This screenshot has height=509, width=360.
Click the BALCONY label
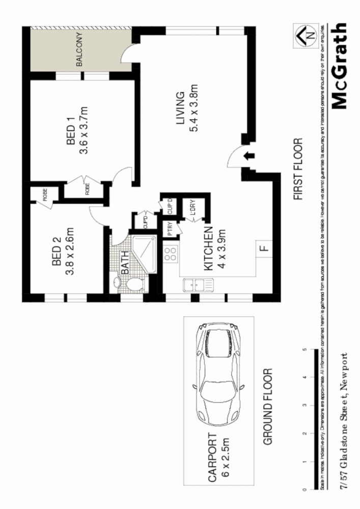(80, 50)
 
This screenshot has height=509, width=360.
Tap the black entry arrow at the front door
(249, 156)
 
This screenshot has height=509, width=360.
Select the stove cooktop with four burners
(171, 253)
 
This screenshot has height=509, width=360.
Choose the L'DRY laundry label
(193, 210)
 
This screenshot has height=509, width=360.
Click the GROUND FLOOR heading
(269, 407)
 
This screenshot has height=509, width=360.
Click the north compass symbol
(303, 35)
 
